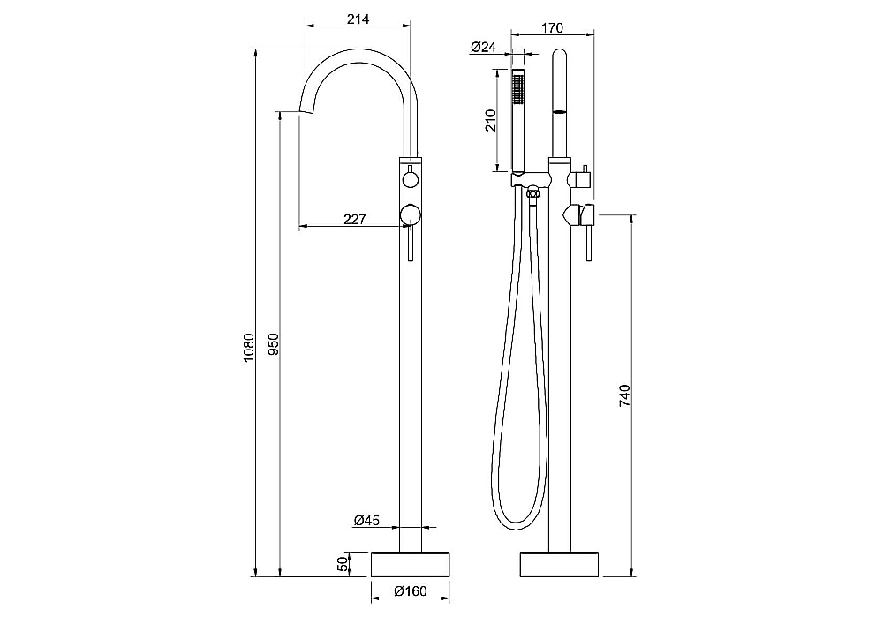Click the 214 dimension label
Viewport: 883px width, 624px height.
pos(358,19)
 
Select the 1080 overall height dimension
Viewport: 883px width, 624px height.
pos(249,347)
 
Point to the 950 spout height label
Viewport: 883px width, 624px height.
pos(274,344)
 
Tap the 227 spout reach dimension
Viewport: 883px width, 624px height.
pos(354,219)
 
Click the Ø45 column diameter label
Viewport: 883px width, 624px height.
pos(366,521)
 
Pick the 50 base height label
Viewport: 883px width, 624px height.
pos(343,564)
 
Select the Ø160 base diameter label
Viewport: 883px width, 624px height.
pos(411,590)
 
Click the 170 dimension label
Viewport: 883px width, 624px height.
pos(552,27)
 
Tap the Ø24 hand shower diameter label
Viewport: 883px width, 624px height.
pos(483,47)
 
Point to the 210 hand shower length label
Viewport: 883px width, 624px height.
pos(490,120)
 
